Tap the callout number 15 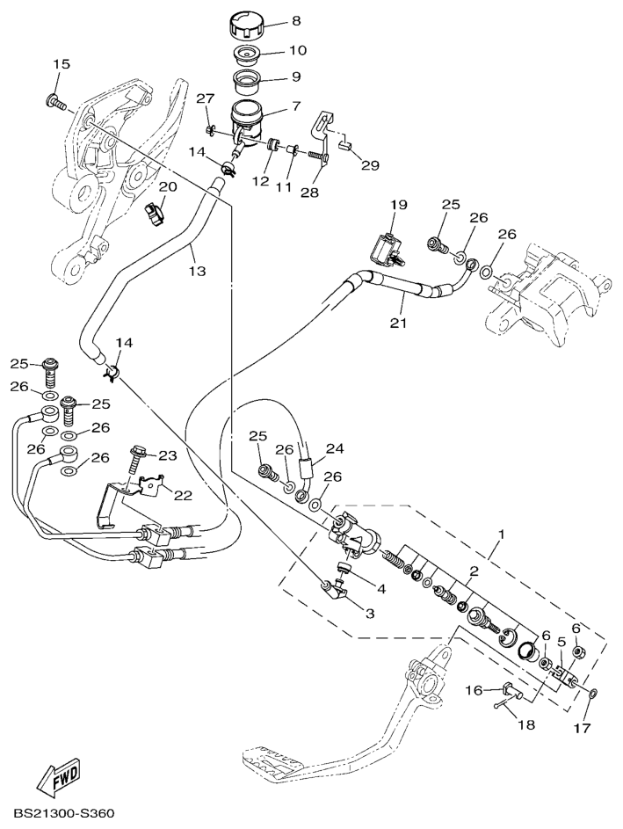61,64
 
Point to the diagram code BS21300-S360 64,816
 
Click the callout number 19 400,205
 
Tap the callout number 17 583,728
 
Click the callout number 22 183,495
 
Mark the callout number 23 167,454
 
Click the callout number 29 370,165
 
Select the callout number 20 166,186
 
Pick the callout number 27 205,98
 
